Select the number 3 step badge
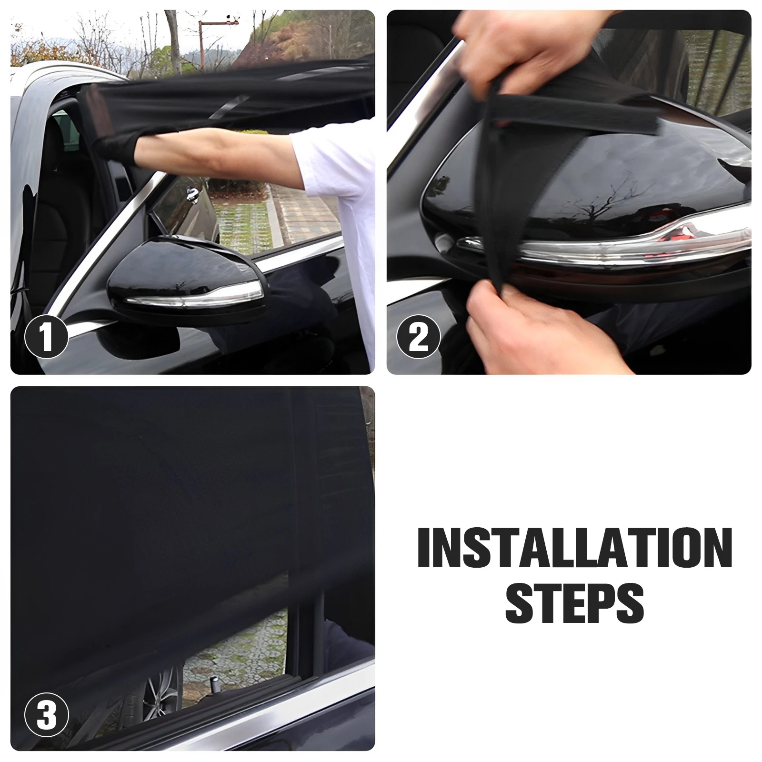46,715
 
